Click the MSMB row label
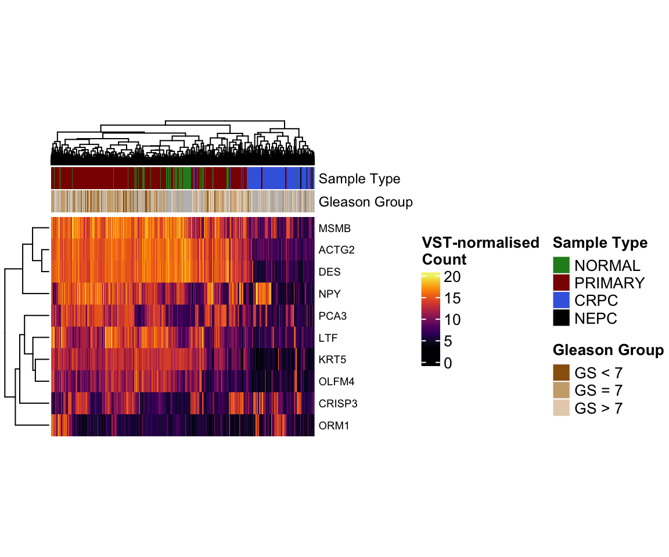click(x=334, y=229)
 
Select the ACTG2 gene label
click(x=337, y=250)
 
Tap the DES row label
click(x=330, y=272)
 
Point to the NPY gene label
click(x=330, y=294)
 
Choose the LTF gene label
click(x=328, y=338)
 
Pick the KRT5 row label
click(x=333, y=360)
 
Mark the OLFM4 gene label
click(x=336, y=382)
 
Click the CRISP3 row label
click(x=337, y=403)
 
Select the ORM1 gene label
click(x=333, y=426)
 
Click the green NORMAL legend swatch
click(x=562, y=266)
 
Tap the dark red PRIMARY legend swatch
click(x=562, y=283)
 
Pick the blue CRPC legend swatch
click(x=562, y=301)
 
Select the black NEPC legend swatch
click(x=562, y=318)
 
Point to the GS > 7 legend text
click(x=598, y=408)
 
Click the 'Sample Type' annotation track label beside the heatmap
click(x=359, y=179)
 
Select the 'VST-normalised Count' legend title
click(x=480, y=251)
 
